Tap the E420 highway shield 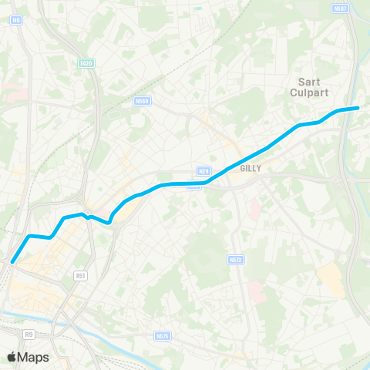(x=86, y=62)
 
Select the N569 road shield (x=141, y=100)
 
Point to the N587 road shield (x=341, y=8)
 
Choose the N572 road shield (x=237, y=261)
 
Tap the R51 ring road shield (x=80, y=274)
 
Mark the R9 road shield (x=29, y=334)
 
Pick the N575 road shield (x=162, y=336)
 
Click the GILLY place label (x=251, y=168)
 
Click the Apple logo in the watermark (x=12, y=357)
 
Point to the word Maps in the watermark (x=34, y=357)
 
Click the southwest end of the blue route (x=12, y=263)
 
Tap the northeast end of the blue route (x=358, y=108)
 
